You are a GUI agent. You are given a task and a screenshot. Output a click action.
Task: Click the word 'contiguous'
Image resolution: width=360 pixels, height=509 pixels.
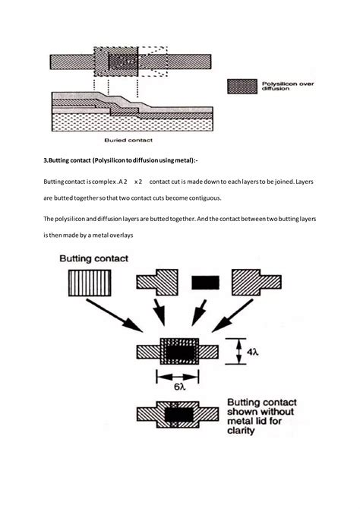(200, 198)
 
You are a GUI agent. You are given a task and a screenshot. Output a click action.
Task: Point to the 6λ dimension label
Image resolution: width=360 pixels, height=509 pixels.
(177, 385)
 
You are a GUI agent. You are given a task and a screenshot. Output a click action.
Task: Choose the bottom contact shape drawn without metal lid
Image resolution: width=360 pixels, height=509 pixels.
(177, 414)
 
